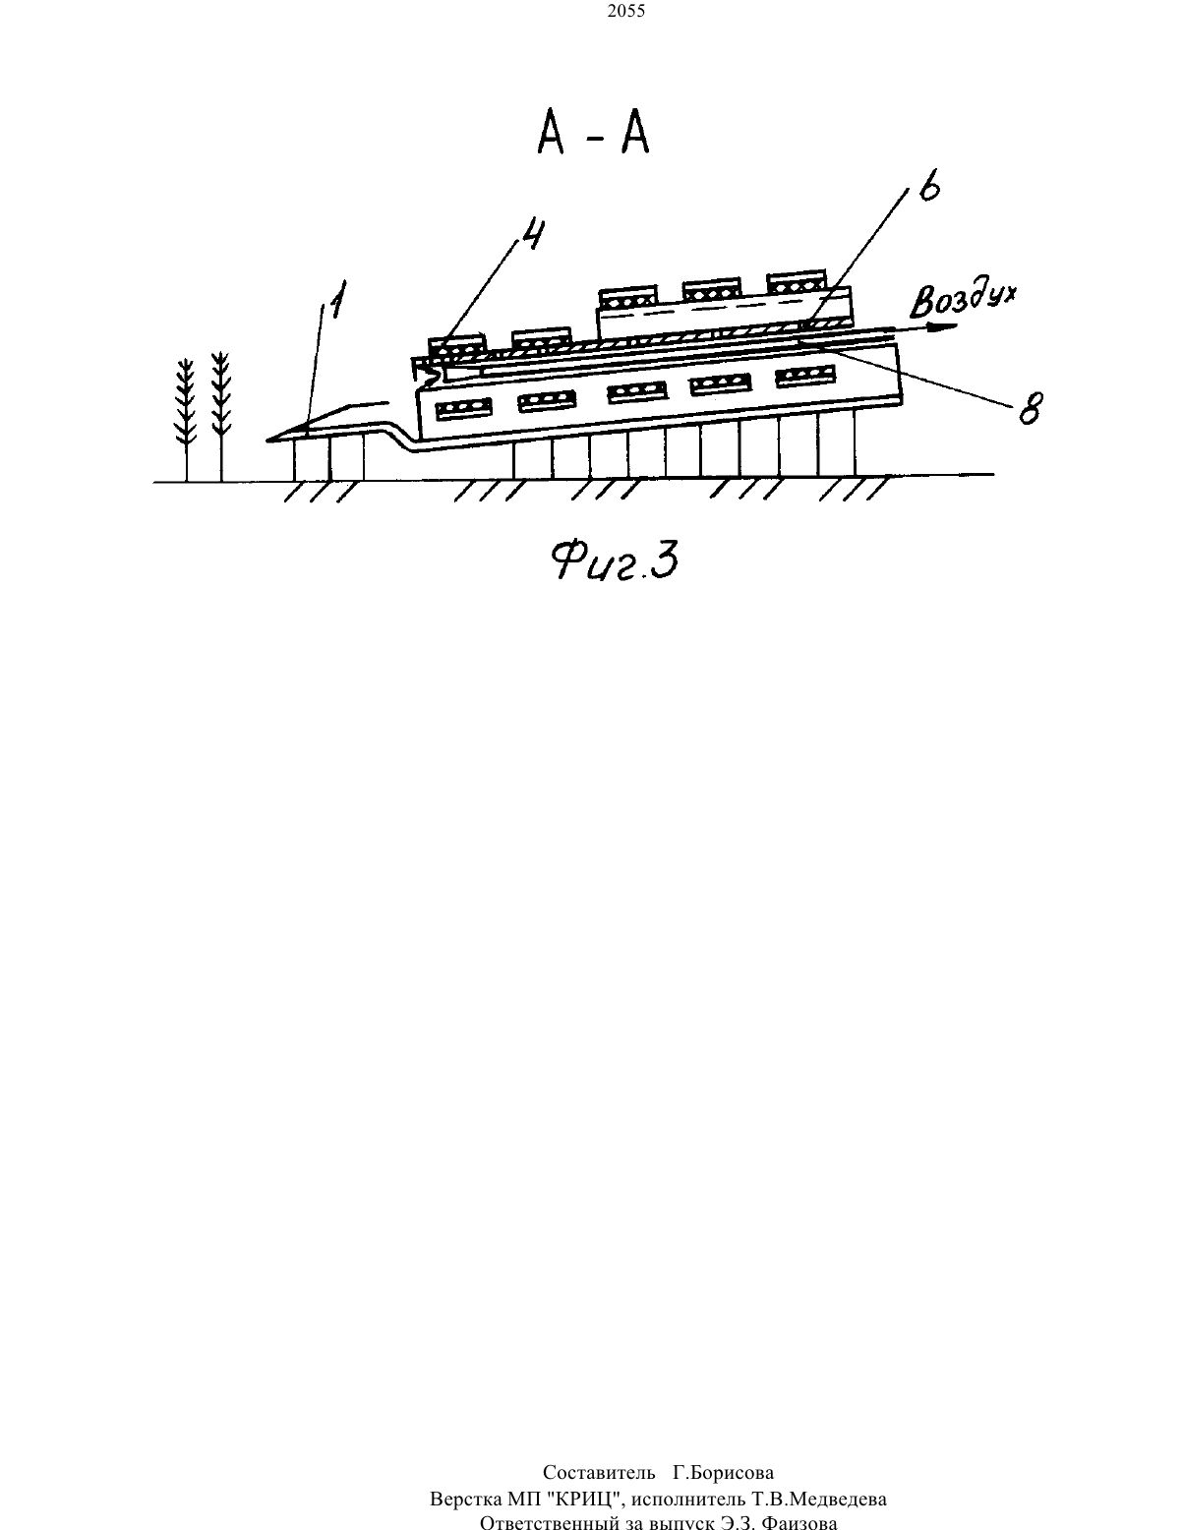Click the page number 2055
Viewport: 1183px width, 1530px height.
[626, 11]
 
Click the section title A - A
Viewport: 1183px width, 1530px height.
[593, 134]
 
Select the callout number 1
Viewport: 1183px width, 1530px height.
[337, 300]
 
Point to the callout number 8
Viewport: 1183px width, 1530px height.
[1031, 408]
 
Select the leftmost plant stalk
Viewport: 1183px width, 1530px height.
[186, 420]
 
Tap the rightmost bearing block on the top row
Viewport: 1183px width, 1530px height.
[797, 282]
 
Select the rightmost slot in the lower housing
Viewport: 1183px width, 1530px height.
[805, 377]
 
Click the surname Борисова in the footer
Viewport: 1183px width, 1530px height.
[723, 1472]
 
